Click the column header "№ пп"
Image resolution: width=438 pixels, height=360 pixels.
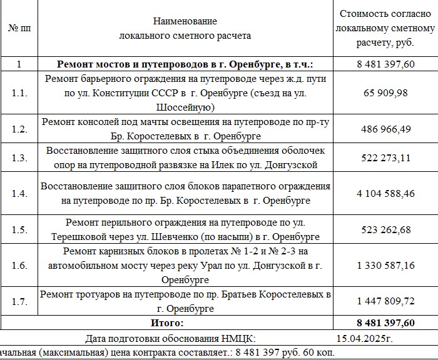click(x=19, y=29)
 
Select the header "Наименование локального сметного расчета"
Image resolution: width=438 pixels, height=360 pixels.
click(x=185, y=29)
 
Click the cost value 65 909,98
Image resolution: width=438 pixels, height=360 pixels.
click(x=385, y=92)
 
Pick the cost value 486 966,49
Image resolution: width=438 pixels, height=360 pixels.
click(x=385, y=129)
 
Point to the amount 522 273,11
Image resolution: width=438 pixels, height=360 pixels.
click(x=385, y=158)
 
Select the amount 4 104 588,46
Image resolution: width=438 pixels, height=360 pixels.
click(x=385, y=193)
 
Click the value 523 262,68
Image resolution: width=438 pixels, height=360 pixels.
click(x=385, y=229)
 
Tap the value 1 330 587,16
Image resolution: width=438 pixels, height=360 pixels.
click(x=385, y=266)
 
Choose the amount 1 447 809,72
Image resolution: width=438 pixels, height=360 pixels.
click(x=385, y=301)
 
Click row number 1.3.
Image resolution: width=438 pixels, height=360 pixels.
click(x=19, y=158)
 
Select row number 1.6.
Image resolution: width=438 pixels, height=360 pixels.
click(x=19, y=266)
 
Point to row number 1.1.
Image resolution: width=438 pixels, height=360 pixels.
click(x=19, y=92)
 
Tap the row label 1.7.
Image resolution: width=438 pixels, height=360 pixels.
click(x=19, y=301)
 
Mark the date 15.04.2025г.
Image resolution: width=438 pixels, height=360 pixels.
click(x=365, y=339)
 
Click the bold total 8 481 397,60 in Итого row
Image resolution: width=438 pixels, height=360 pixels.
click(x=385, y=322)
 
